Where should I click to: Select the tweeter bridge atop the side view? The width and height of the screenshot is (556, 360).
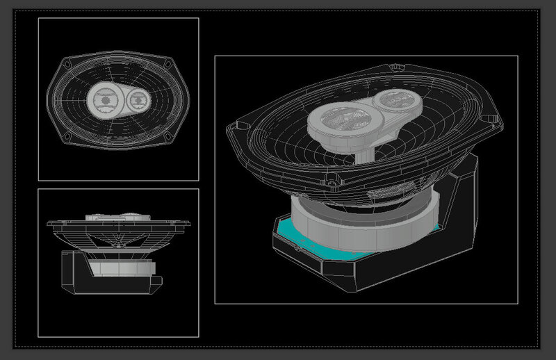[118, 217]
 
